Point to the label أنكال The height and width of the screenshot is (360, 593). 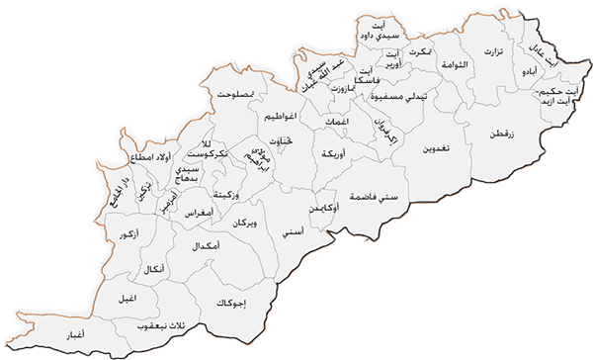click(155, 269)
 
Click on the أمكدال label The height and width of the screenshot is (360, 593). click(203, 244)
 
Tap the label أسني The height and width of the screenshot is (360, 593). click(293, 231)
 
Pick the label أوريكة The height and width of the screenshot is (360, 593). click(327, 156)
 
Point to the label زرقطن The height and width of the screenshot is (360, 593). click(502, 130)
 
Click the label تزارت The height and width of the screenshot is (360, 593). click(492, 51)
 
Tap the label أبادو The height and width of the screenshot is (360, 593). click(531, 72)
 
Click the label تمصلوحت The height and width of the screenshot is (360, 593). click(237, 94)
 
